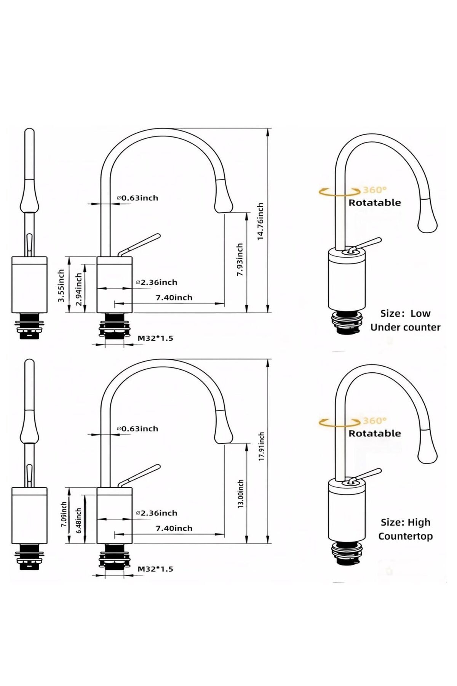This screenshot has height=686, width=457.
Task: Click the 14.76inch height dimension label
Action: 260,221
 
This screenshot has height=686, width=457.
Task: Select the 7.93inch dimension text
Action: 240,260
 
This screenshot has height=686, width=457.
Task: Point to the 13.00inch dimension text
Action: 240,494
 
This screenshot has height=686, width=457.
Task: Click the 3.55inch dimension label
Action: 61,285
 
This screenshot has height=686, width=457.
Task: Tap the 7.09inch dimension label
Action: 64,514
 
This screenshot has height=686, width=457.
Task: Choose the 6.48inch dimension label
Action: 79,520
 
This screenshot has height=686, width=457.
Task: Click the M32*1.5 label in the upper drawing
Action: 155,338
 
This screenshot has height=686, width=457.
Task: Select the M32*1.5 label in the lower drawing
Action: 155,569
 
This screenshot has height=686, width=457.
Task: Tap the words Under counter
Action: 405,327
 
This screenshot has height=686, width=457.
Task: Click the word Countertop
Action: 405,536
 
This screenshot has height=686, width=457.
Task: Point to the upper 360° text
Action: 375,190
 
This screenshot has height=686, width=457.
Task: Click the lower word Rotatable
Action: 375,433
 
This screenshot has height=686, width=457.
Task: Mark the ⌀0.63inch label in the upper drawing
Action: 137,198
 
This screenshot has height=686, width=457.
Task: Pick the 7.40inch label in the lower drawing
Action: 174,528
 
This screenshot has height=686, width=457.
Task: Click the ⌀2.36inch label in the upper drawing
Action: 157,282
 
